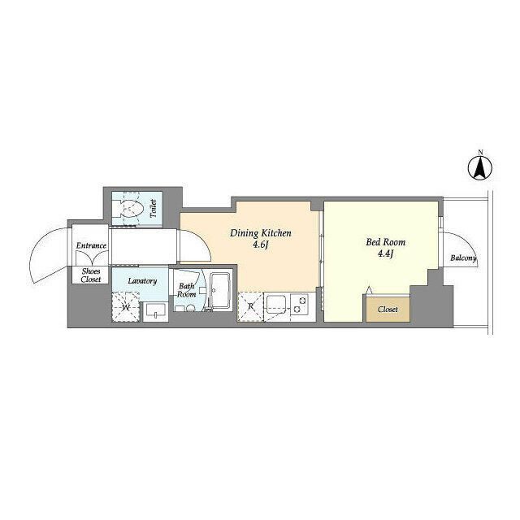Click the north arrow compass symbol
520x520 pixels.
click(480, 168)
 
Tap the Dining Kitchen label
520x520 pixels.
click(261, 233)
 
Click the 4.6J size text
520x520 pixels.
click(261, 245)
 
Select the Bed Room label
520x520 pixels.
click(385, 242)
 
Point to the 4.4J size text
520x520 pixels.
click(385, 254)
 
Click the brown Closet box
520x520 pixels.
click(388, 309)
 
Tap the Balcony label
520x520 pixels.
click(463, 258)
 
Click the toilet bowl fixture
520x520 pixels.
click(131, 209)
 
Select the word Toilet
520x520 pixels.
click(153, 209)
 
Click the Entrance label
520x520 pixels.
click(91, 245)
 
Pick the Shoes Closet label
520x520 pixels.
click(90, 275)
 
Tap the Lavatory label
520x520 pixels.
click(142, 281)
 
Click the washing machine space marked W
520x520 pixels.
click(126, 307)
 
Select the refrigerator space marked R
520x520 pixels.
click(250, 306)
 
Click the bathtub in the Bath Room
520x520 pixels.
click(220, 291)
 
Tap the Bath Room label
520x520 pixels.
click(186, 290)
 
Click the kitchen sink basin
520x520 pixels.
click(277, 303)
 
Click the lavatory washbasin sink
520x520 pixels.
click(155, 310)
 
